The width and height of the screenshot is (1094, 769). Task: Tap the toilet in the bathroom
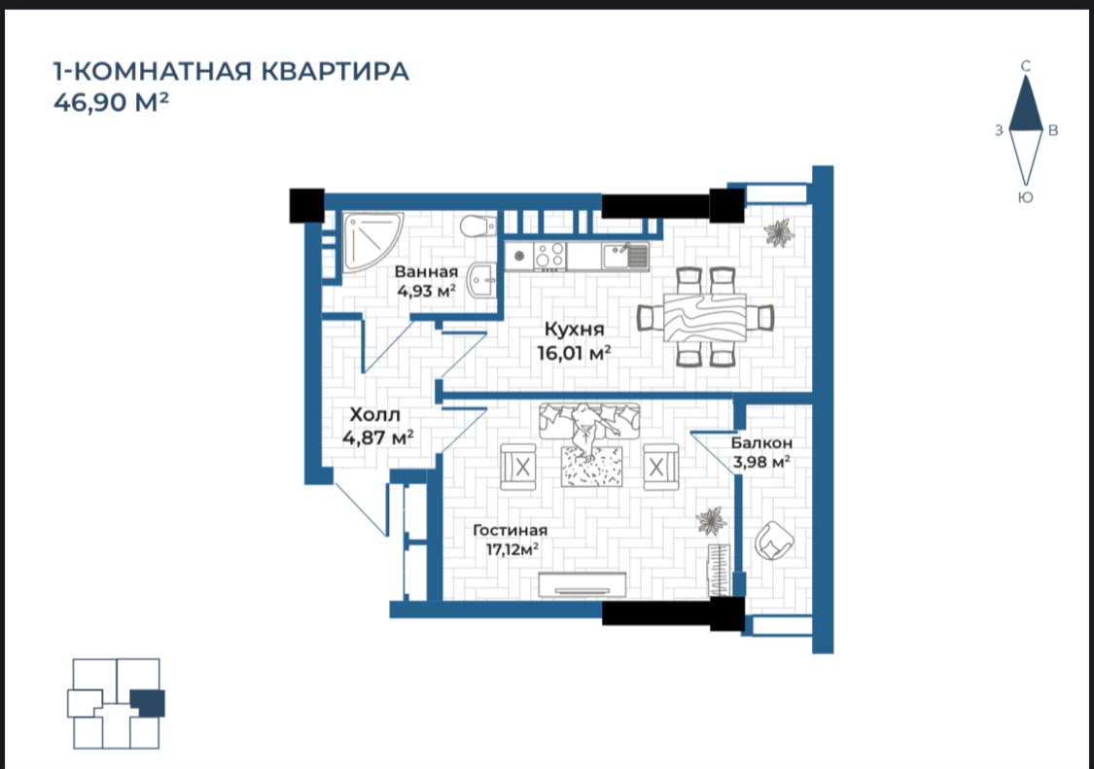tap(477, 226)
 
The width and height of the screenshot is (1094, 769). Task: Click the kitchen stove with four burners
tap(549, 256)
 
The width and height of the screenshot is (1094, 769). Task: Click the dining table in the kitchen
tap(705, 317)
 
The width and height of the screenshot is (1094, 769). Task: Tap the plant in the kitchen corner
tap(777, 232)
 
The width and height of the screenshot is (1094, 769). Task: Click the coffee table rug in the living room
tap(591, 466)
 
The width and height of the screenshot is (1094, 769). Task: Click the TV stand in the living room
tap(582, 585)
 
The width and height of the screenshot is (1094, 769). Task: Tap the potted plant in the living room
tap(712, 520)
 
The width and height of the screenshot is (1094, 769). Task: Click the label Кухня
tap(574, 329)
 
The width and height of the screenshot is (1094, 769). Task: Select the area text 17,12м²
tap(512, 550)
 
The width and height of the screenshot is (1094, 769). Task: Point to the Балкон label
tap(761, 443)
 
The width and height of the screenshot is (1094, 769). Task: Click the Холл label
tap(374, 415)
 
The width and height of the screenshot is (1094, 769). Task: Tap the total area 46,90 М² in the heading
tap(111, 103)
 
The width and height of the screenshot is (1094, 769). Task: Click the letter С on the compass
tap(1026, 66)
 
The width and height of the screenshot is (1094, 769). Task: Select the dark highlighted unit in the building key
tap(147, 703)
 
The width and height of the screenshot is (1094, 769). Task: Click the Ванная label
tap(426, 272)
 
